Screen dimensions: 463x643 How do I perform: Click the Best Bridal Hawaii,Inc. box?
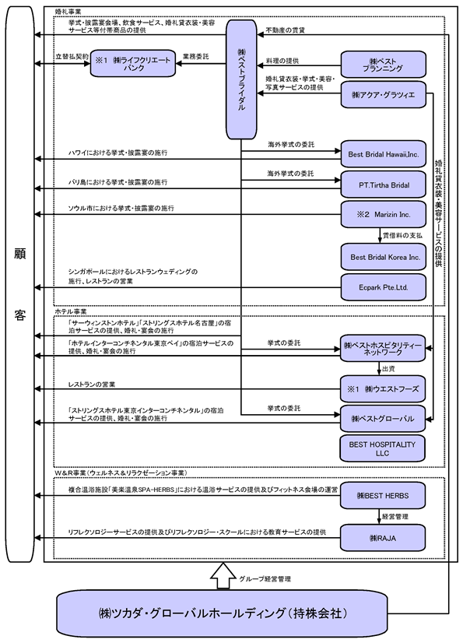(x=384, y=154)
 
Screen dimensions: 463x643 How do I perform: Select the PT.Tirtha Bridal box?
(x=384, y=185)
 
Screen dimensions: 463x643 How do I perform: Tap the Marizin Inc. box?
(x=384, y=215)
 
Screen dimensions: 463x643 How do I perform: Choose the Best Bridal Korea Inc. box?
(x=384, y=257)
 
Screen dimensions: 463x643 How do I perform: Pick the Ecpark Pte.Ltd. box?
(x=384, y=287)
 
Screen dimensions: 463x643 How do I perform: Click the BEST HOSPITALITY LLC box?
(x=382, y=448)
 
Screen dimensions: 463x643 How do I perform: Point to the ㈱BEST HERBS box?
(x=382, y=496)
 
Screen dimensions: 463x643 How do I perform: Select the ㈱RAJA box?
(x=382, y=538)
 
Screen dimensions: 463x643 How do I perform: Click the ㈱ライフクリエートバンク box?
(x=133, y=64)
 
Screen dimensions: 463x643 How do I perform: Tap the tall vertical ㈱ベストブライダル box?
(x=241, y=79)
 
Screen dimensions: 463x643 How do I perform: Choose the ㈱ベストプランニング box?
(x=384, y=65)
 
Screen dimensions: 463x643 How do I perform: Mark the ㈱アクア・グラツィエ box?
(x=384, y=95)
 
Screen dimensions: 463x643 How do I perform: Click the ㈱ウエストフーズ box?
(x=382, y=388)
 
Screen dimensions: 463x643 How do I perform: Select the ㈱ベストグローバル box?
(x=382, y=419)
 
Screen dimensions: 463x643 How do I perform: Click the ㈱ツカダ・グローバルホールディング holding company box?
(x=222, y=613)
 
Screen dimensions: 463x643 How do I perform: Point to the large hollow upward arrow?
(x=223, y=576)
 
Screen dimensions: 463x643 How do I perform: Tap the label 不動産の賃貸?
(x=285, y=30)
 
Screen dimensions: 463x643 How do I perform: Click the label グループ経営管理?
(x=265, y=579)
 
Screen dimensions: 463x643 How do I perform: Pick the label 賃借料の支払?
(x=402, y=236)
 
